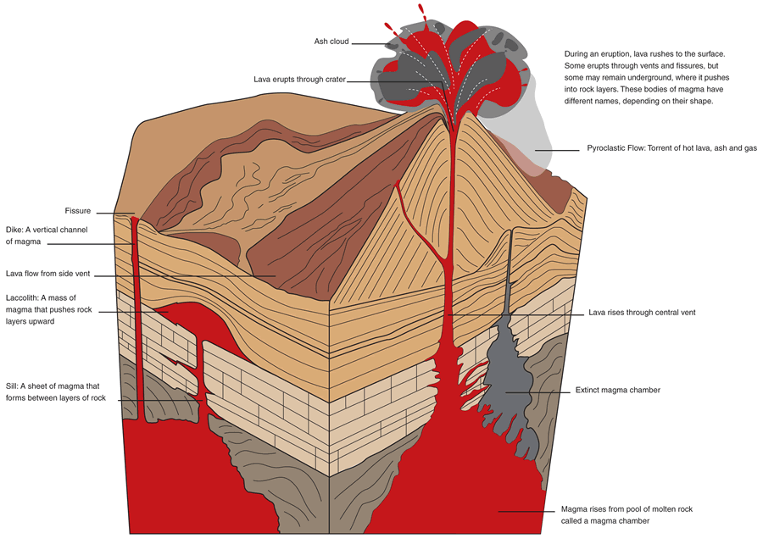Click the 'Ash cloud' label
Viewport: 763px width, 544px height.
point(331,42)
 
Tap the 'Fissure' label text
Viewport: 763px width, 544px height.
point(77,211)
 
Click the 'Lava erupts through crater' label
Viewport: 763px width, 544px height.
point(299,80)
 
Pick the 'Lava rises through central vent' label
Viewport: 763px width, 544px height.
point(642,313)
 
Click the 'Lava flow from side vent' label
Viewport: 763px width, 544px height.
point(47,275)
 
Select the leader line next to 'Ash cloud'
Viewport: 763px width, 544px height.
point(371,42)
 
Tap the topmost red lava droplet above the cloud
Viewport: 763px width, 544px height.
point(421,9)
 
